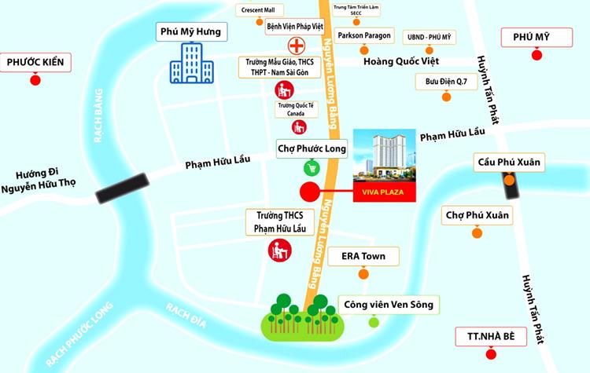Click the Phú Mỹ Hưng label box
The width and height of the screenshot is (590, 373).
191,31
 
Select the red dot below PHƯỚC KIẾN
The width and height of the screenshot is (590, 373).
35,80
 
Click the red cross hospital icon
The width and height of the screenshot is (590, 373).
298,45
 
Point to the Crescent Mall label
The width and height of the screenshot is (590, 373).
262,10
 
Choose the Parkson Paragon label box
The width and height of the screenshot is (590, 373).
363,36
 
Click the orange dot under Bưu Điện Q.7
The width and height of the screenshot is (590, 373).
446,97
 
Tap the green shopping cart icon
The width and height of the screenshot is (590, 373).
312,166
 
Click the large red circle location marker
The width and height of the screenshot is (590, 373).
310,191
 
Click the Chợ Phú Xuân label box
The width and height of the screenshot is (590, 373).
477,215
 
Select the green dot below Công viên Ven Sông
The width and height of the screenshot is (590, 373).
374,321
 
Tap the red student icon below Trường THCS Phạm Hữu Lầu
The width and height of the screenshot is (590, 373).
278,251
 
